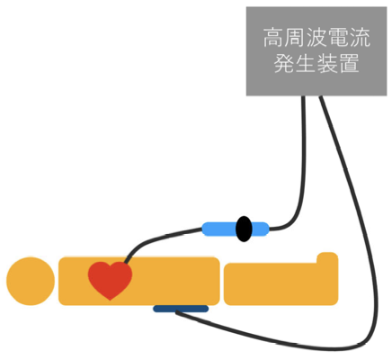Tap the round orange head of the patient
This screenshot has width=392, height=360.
coord(31,281)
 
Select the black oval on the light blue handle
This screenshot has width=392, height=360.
coord(244,229)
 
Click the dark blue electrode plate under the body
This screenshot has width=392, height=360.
coord(181,309)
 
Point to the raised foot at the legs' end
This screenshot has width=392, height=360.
coord(327,258)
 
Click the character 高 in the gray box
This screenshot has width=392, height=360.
coord(273,38)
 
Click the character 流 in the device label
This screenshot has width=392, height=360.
coord(360,38)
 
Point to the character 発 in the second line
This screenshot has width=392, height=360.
coord(284,63)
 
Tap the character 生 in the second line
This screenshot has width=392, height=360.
coord(306,63)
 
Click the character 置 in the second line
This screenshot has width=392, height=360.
coord(349,63)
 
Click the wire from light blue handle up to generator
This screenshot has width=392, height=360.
coord(303,180)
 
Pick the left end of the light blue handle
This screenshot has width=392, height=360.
coord(203,229)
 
